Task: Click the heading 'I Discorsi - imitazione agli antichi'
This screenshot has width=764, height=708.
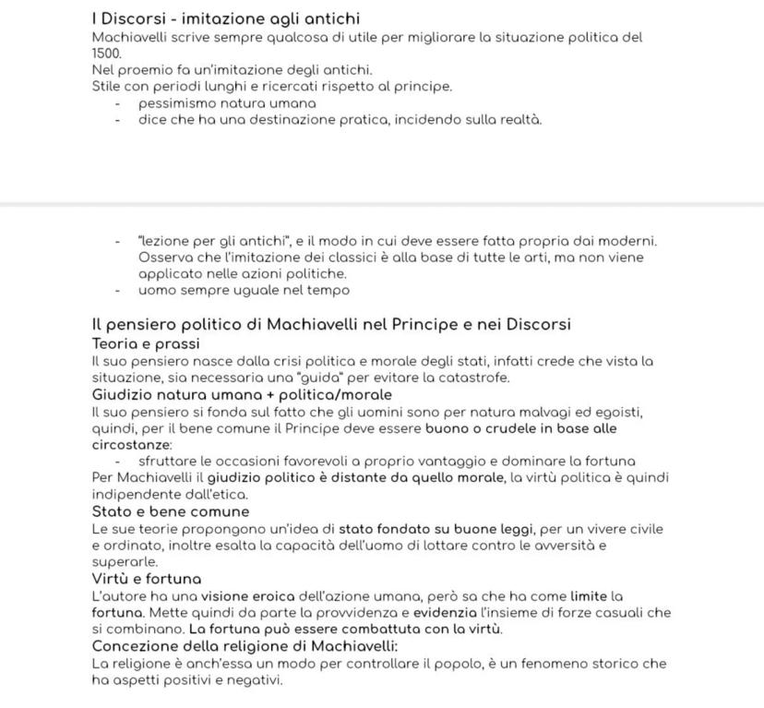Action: click(226, 19)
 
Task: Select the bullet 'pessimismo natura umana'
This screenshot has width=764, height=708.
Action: click(227, 103)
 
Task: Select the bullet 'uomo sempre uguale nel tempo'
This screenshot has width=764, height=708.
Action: click(244, 291)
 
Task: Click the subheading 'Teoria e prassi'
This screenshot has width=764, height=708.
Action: click(146, 343)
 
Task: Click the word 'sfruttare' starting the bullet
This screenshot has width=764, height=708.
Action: click(167, 461)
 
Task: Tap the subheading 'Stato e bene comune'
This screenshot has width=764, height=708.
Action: click(171, 511)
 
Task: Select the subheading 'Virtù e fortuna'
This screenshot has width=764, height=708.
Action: click(147, 579)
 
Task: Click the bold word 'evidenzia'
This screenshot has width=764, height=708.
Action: click(445, 613)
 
